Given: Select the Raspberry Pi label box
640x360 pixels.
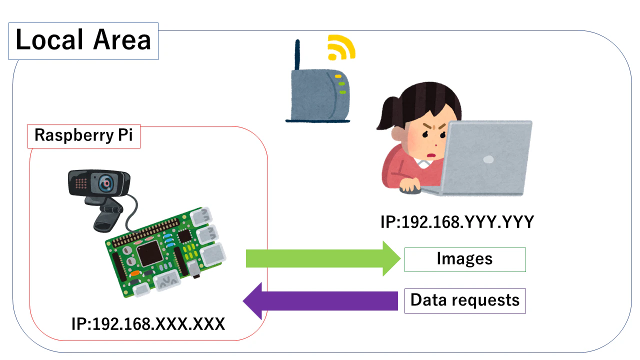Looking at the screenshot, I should (83, 136).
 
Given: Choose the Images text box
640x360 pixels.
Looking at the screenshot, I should (464, 259).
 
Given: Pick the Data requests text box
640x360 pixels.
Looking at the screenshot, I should (464, 300).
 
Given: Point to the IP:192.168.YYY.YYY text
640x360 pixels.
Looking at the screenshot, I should (457, 221).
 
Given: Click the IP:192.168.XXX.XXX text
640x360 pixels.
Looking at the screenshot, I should (148, 324).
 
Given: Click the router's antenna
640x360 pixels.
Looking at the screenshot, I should (297, 55).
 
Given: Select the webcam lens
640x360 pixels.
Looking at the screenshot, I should (106, 183).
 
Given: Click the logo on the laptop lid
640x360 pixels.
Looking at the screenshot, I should (487, 159).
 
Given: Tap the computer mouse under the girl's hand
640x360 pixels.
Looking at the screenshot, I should (410, 189).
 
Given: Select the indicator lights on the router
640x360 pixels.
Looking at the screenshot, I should (341, 84).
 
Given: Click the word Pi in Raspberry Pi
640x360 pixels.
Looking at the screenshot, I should (124, 136).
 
